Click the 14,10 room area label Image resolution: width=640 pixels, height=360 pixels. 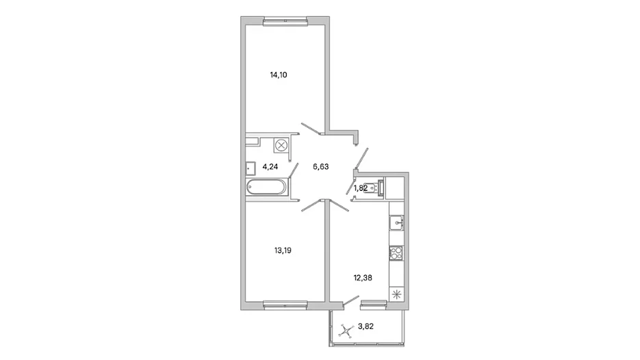(x=279, y=75)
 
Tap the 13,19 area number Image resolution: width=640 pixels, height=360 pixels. (x=283, y=250)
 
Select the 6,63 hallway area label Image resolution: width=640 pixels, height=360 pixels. (x=321, y=166)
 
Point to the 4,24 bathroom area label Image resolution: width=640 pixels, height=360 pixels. (x=270, y=166)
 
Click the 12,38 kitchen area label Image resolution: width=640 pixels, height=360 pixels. (x=363, y=278)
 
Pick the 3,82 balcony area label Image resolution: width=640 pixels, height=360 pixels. (x=366, y=326)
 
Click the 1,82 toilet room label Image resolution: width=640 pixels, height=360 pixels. (x=361, y=188)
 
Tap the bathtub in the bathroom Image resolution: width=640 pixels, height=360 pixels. (x=267, y=188)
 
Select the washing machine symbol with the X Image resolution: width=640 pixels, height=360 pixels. (x=281, y=146)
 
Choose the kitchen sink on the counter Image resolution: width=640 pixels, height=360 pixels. (x=396, y=223)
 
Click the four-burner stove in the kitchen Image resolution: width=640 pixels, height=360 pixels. (x=396, y=253)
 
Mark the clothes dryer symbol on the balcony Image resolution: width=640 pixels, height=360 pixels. (x=346, y=331)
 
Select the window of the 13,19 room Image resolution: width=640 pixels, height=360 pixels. (x=285, y=304)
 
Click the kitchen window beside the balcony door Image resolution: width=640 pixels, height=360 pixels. (x=374, y=303)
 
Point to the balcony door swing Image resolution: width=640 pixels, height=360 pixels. (x=351, y=301)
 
